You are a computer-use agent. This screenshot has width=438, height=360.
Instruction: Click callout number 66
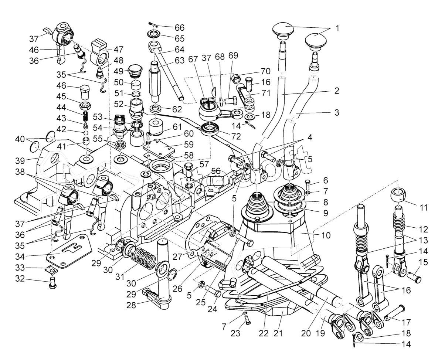point(179,28)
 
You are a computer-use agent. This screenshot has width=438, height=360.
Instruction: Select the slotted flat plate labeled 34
point(70,255)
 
